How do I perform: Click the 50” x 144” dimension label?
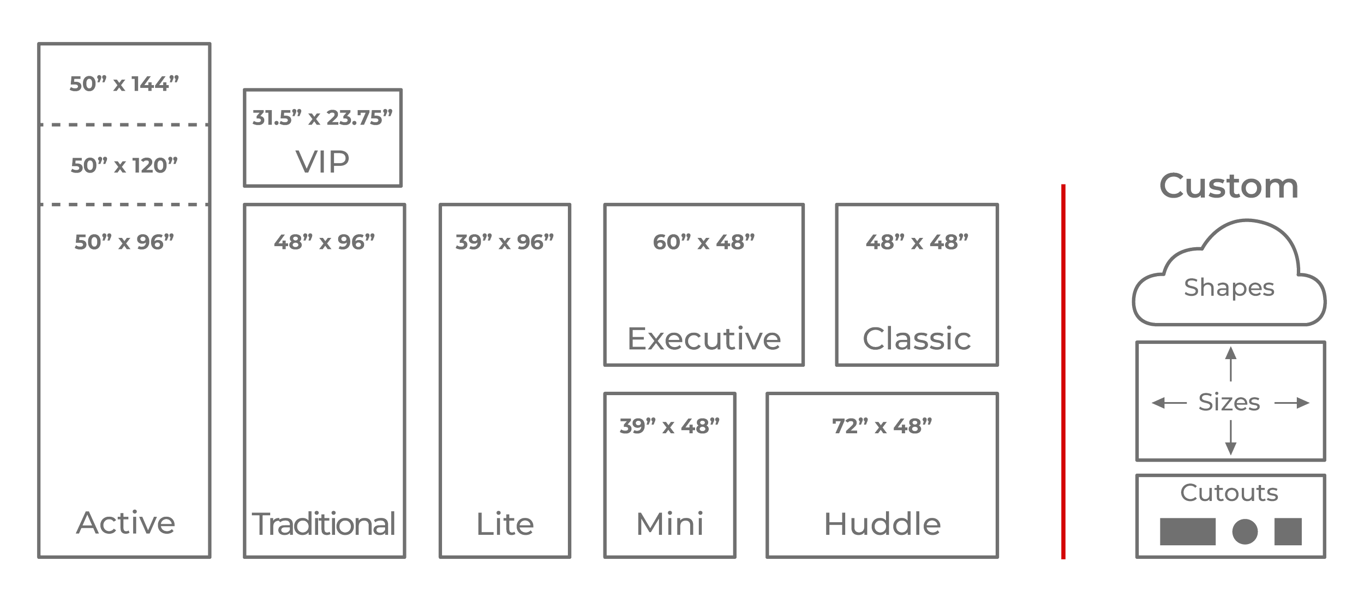[124, 84]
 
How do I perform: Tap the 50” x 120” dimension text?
[124, 165]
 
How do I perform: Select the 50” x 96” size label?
[124, 242]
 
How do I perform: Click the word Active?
[125, 523]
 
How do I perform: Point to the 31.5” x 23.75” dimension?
[322, 118]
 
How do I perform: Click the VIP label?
[322, 162]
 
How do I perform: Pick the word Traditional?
[324, 524]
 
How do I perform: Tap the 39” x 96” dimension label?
[505, 242]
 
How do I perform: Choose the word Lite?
[505, 524]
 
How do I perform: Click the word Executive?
[704, 339]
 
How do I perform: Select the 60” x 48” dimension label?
[704, 242]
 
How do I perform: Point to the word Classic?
[917, 339]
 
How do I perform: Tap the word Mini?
[669, 524]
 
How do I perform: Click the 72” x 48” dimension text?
[882, 426]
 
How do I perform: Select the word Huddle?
[882, 524]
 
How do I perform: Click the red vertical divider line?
[1063, 371]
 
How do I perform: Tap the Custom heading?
[1229, 186]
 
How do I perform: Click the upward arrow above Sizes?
[1230, 363]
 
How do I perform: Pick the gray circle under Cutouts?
[1245, 532]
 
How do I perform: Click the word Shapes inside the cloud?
[1229, 288]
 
